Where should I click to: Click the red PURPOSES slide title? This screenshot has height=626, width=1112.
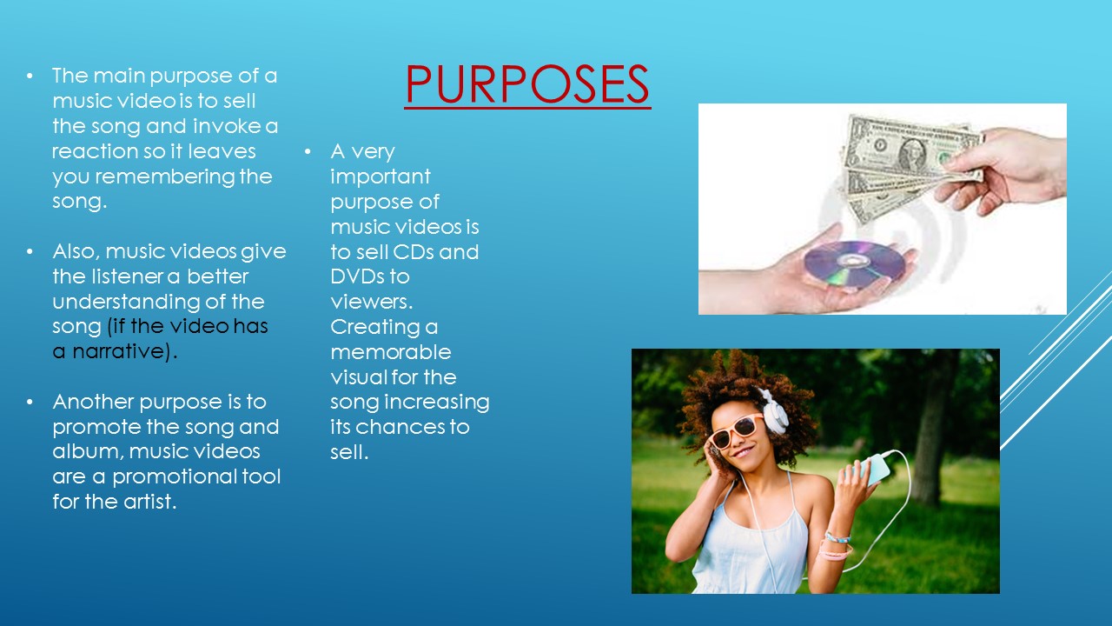(x=527, y=84)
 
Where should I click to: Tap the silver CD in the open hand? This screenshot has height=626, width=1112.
(x=852, y=263)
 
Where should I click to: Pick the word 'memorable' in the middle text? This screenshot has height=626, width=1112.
(x=391, y=352)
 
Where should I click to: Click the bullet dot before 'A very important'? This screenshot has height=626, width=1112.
(x=308, y=152)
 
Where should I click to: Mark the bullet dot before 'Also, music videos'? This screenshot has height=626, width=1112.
(x=31, y=252)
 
